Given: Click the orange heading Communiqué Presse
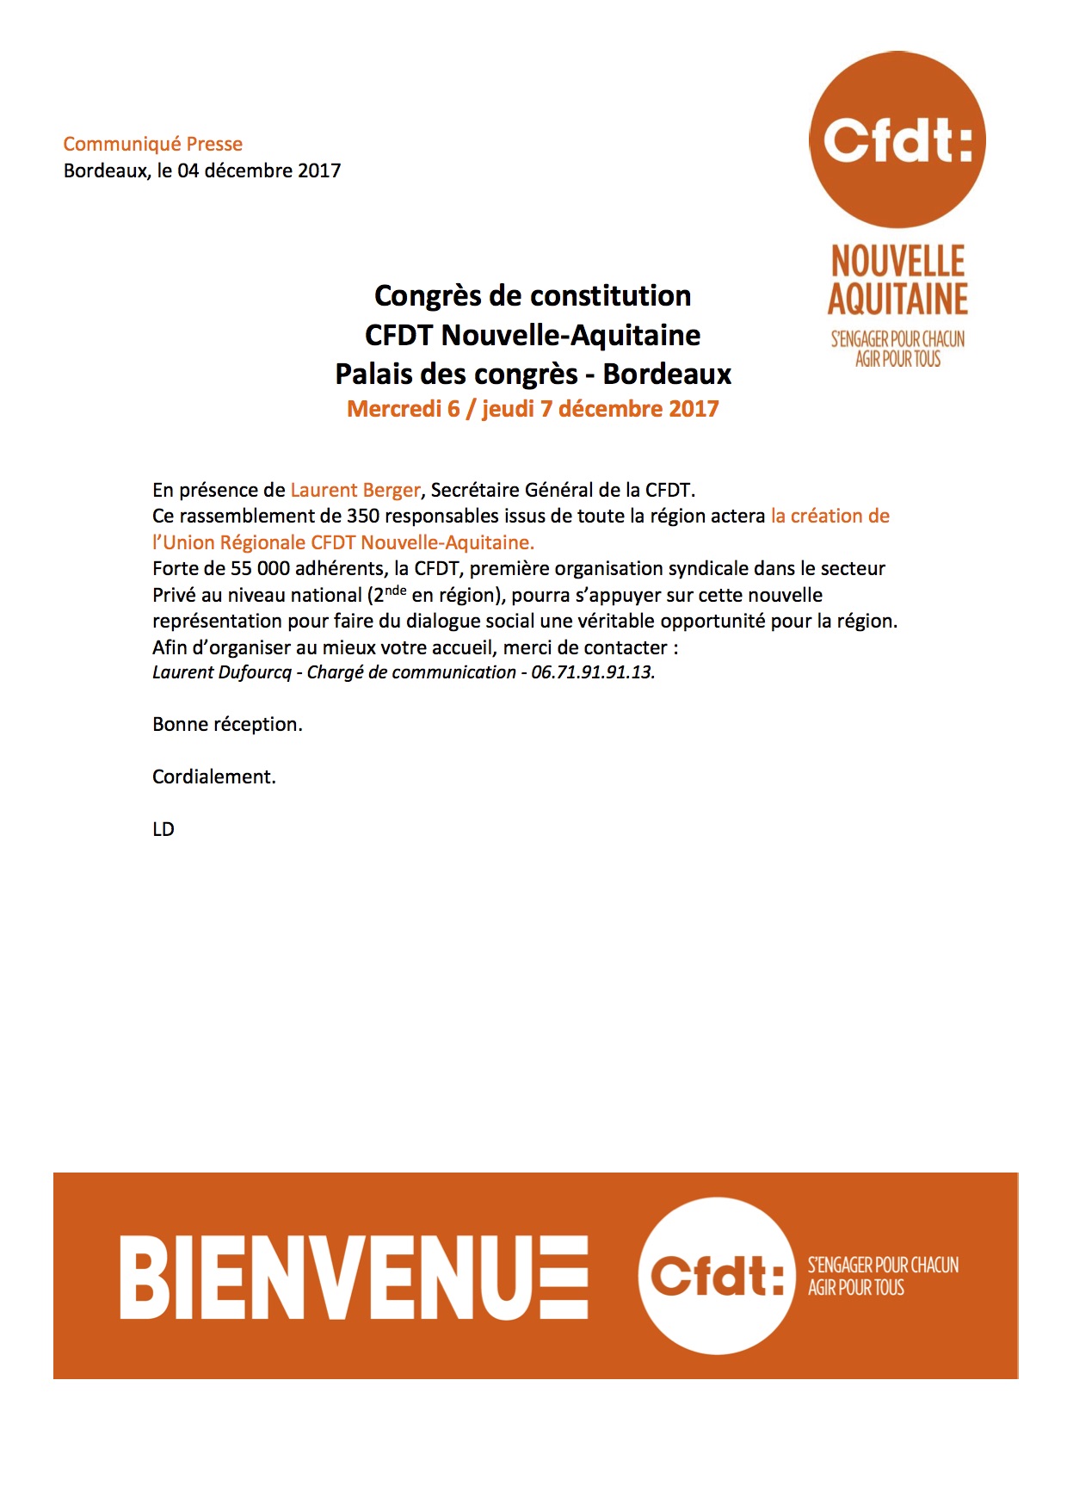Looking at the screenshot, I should [x=152, y=144].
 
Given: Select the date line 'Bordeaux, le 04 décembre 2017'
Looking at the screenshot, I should [x=201, y=170].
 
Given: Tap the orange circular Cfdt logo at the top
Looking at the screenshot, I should [x=897, y=139].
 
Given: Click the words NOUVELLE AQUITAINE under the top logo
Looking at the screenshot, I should [x=897, y=281].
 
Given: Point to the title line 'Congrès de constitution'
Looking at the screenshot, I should [x=533, y=296].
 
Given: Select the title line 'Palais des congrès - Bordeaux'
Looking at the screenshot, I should [x=533, y=374].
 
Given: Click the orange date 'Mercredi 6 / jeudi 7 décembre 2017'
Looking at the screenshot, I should [x=533, y=409].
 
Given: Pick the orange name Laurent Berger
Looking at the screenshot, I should [x=355, y=491].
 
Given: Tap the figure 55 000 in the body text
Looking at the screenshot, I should [x=260, y=569].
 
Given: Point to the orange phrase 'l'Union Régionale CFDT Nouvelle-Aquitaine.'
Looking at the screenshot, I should [x=343, y=543].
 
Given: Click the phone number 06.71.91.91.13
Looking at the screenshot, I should [x=593, y=672].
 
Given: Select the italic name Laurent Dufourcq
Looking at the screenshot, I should [x=222, y=672].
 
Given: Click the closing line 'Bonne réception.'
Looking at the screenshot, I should [x=227, y=725].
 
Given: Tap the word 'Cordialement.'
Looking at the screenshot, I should [x=213, y=777].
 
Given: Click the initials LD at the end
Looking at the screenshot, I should [x=163, y=830].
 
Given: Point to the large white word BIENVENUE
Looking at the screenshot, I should [x=354, y=1278].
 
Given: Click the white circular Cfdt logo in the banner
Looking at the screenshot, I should [x=716, y=1275].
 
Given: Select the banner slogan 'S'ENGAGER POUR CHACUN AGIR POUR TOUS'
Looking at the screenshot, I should [x=882, y=1276].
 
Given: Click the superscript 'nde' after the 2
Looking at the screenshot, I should [x=396, y=590].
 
